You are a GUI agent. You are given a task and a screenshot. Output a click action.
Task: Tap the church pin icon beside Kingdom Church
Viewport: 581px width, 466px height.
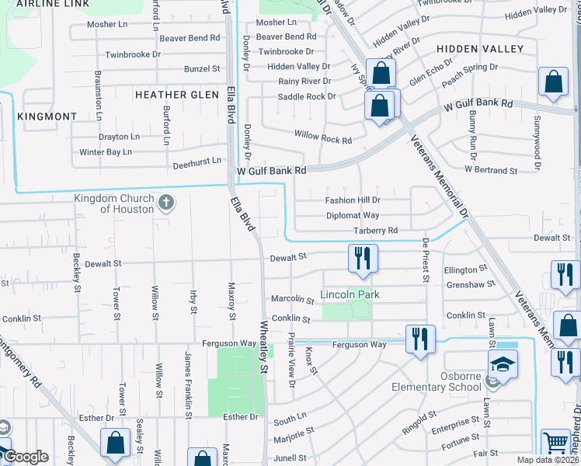point(165,203)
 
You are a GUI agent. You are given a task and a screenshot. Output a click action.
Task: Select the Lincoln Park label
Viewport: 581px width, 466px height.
point(350,295)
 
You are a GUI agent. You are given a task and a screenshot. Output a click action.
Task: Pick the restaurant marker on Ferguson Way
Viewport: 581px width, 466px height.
point(420,339)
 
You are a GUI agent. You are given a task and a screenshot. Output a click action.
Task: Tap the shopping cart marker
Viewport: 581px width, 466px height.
point(556,443)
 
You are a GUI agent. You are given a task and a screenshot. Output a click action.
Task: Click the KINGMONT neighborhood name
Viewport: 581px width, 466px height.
point(47,116)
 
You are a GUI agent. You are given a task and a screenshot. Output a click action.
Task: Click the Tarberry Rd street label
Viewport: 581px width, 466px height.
point(375,231)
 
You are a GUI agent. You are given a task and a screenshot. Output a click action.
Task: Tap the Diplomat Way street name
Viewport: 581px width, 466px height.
point(353,215)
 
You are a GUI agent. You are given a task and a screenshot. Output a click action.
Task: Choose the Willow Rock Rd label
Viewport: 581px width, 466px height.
point(323,137)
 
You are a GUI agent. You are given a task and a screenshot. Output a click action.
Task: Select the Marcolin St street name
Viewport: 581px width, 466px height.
point(291,299)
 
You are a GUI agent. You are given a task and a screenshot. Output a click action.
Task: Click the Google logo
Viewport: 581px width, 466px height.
point(25,457)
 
